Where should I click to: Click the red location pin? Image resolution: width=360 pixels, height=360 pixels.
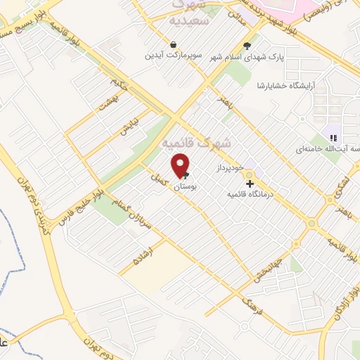click(x=181, y=164)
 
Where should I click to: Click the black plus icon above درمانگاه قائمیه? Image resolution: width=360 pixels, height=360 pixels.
click(x=250, y=183)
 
